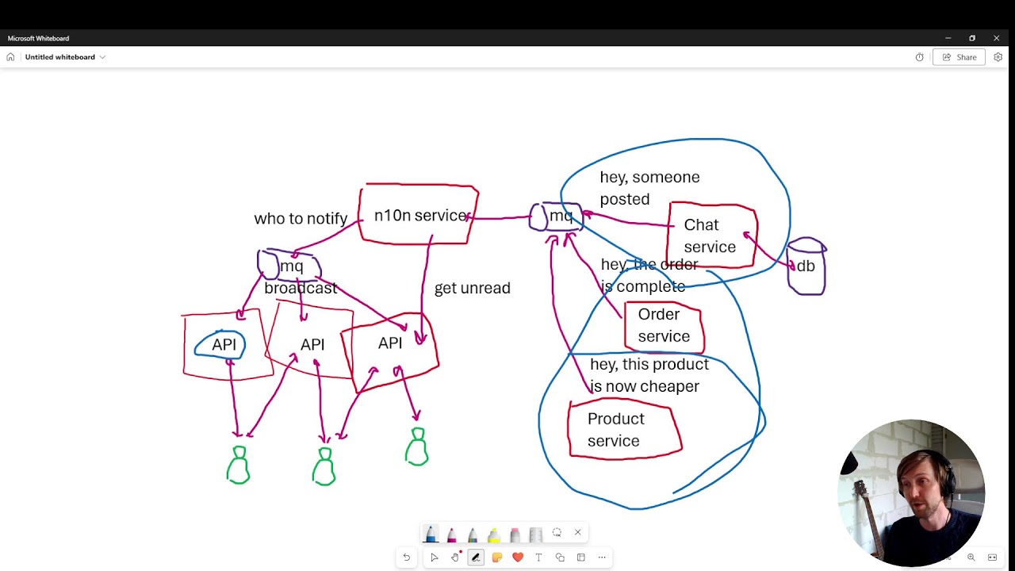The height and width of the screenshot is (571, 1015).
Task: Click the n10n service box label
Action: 420,216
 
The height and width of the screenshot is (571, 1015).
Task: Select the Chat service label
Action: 710,236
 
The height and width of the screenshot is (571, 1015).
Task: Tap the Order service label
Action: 664,325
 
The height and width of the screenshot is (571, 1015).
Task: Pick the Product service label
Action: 616,430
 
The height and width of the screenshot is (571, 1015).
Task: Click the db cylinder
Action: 806,266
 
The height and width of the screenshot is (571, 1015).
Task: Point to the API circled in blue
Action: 220,344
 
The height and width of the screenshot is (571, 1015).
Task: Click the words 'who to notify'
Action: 301,218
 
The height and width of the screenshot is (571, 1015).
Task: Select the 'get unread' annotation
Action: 472,288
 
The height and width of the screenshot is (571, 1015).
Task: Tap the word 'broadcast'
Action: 301,288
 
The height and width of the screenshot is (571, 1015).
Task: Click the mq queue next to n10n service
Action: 557,217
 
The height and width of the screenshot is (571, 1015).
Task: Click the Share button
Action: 959,57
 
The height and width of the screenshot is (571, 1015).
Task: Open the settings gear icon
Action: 998,57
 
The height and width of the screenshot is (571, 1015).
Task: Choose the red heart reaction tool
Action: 518,557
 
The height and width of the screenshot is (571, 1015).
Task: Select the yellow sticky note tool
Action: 496,557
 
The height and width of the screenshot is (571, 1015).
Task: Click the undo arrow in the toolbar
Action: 407,557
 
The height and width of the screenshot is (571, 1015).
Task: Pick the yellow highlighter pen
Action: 493,535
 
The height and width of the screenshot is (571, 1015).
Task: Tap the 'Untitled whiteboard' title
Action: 59,57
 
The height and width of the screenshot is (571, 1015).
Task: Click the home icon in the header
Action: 10,57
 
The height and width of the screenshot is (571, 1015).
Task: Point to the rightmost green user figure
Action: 417,446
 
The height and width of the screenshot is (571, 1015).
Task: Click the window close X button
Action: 996,38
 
